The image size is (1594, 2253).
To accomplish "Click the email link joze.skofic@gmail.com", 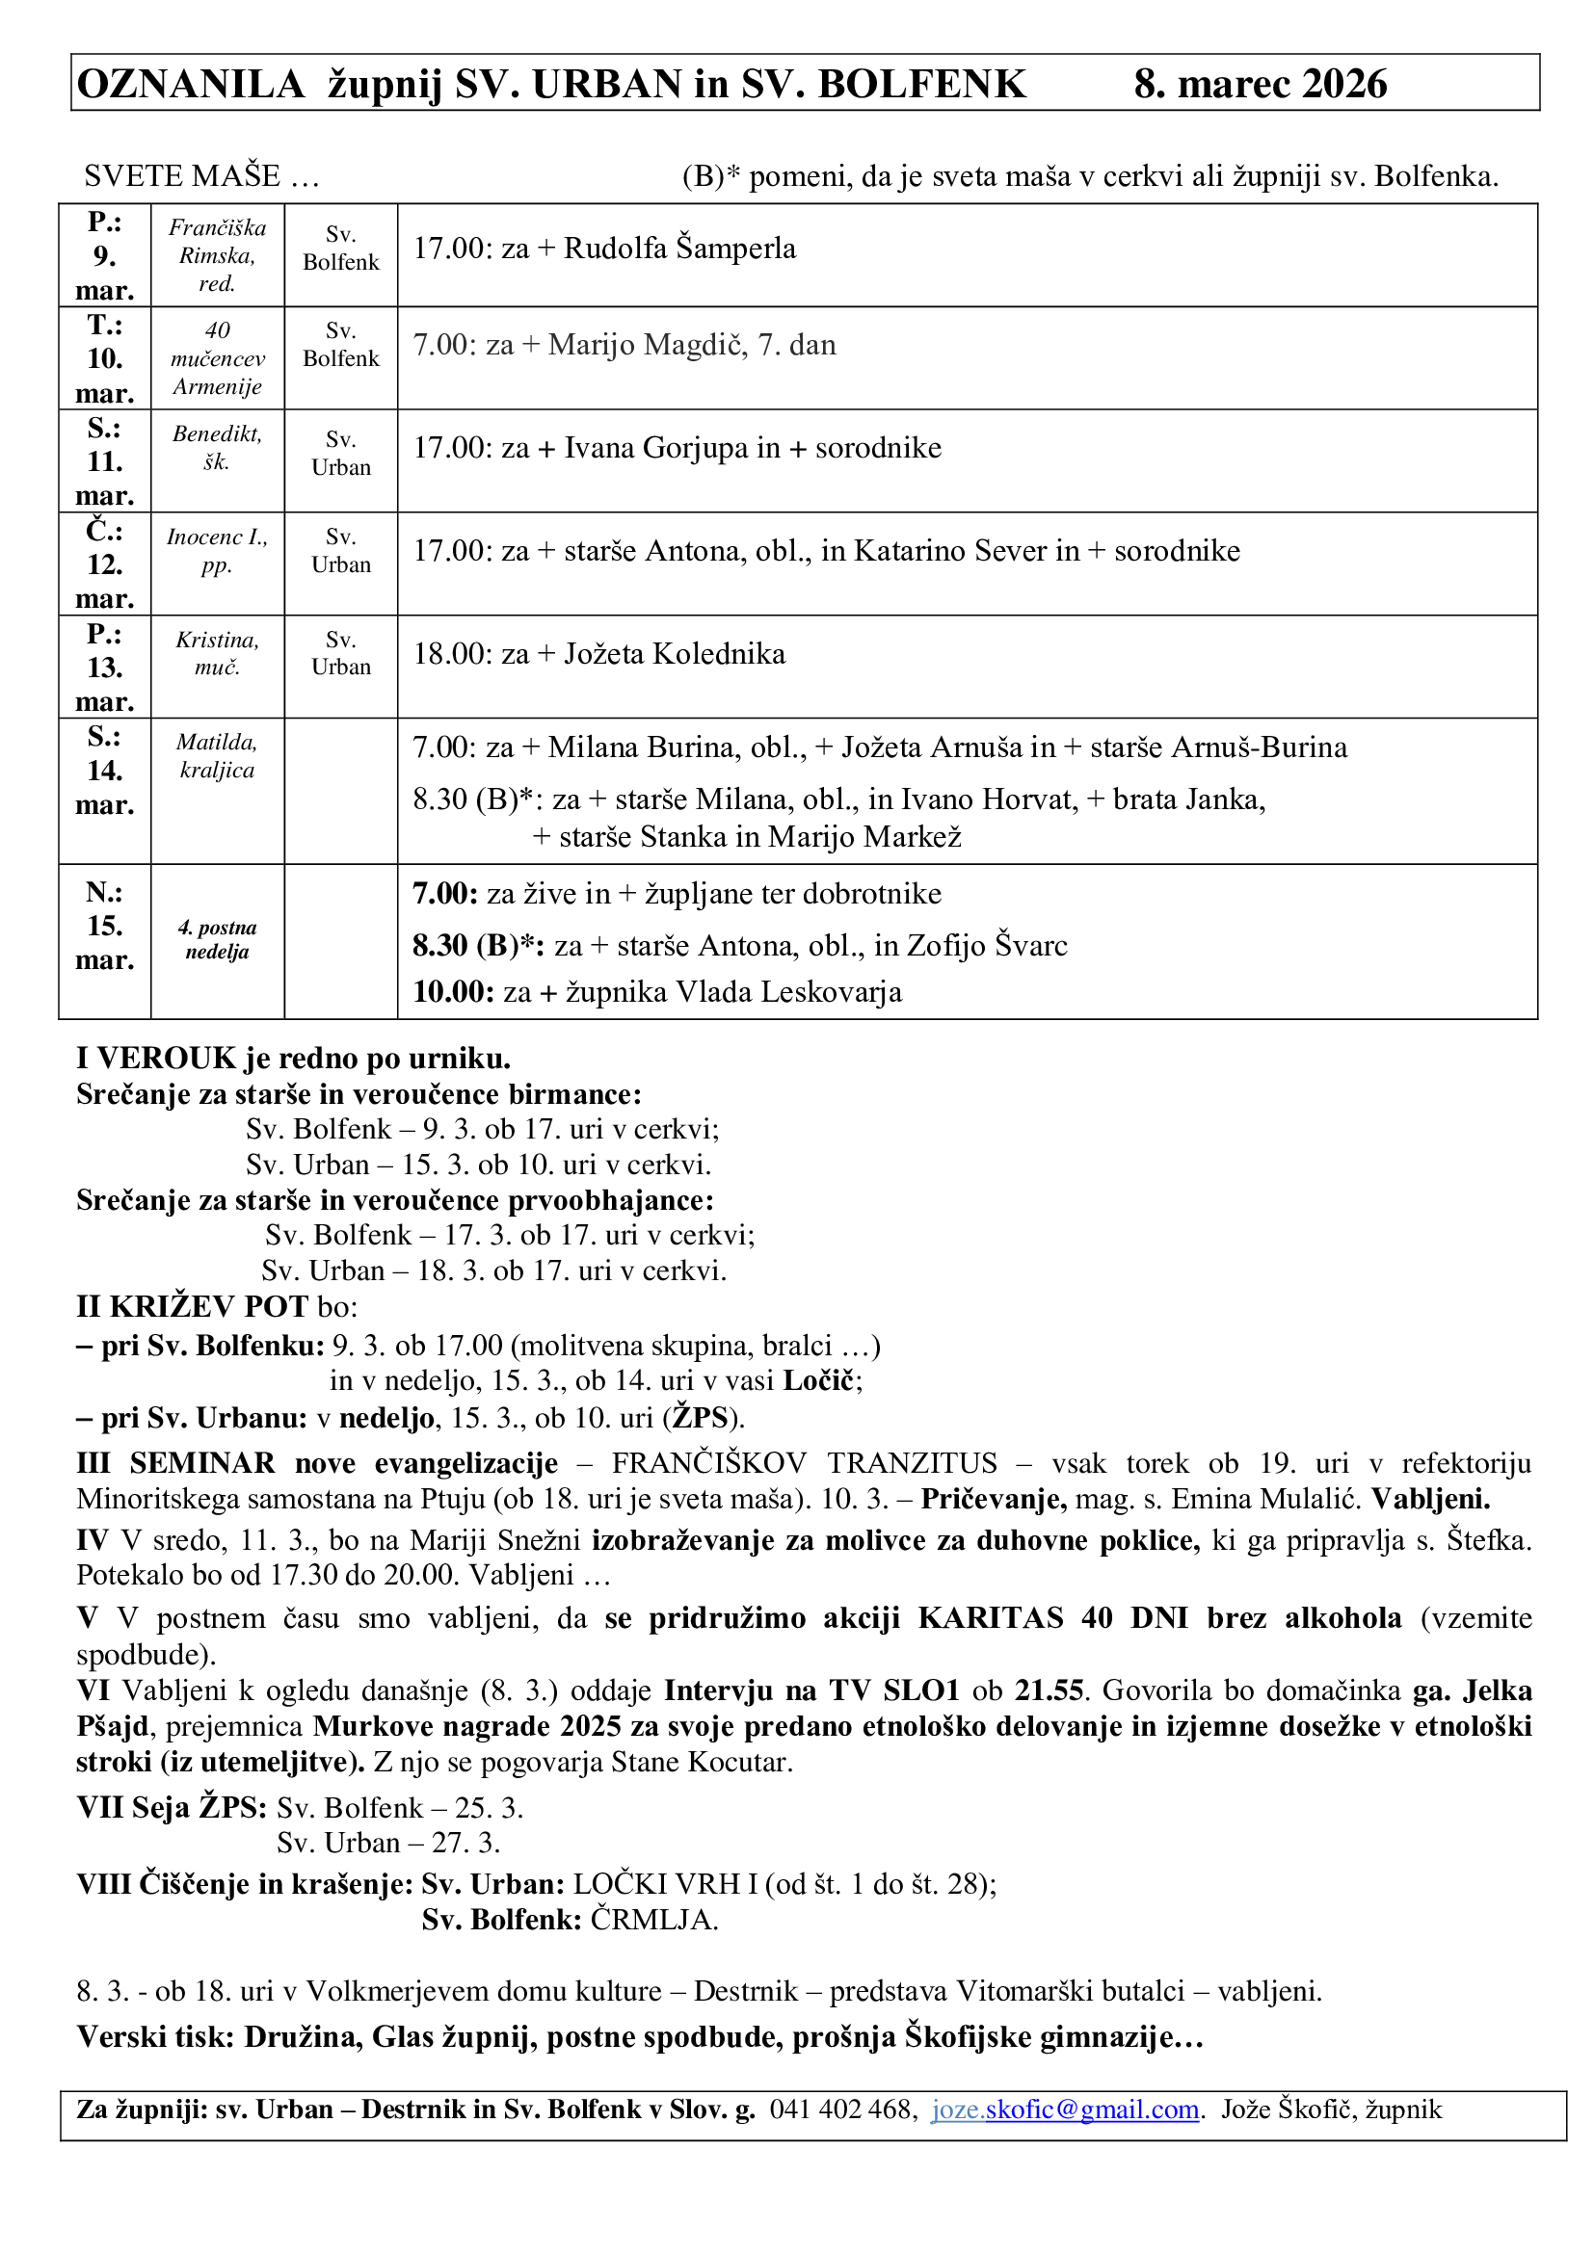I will click(1065, 2109).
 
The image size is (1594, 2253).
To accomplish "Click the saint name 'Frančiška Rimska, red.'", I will click(217, 255).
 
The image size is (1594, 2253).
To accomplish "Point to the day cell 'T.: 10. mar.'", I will click(104, 358).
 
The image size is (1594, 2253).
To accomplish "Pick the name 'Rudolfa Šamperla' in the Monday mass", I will click(679, 249).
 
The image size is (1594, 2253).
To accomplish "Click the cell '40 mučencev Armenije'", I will click(217, 358).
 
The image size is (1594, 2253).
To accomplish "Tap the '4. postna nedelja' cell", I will click(217, 940).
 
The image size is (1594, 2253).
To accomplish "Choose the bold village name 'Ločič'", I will click(818, 1380).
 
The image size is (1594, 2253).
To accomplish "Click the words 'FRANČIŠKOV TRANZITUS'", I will click(804, 1463).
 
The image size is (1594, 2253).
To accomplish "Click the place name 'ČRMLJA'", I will click(651, 1920).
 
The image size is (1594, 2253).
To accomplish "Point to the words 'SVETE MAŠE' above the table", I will click(181, 175).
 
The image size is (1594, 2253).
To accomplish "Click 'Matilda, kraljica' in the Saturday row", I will click(217, 755).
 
